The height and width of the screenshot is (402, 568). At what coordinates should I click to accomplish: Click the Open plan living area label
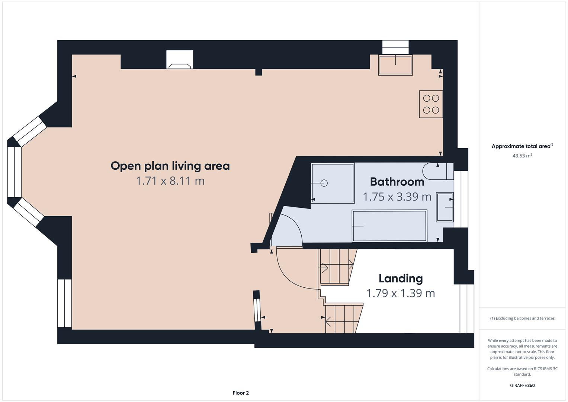[x=170, y=166]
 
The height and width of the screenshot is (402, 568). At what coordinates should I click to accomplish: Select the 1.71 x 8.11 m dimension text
[x=170, y=181]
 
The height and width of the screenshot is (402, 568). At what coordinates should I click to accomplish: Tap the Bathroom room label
[x=397, y=182]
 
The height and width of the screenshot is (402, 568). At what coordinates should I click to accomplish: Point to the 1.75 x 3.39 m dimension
[x=397, y=197]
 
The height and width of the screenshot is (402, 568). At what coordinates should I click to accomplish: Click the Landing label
[x=401, y=278]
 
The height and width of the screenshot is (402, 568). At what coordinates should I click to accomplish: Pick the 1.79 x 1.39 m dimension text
[x=401, y=293]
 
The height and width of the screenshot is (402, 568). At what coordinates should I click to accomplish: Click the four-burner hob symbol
[x=431, y=104]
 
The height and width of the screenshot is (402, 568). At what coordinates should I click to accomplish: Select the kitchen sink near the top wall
[x=395, y=65]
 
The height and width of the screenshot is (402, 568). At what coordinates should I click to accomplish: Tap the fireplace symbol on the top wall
[x=180, y=60]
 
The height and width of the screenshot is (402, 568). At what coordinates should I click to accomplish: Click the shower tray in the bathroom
[x=333, y=183]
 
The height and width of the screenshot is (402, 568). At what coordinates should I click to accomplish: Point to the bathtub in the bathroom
[x=389, y=226]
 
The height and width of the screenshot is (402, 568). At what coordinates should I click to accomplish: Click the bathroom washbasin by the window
[x=445, y=207]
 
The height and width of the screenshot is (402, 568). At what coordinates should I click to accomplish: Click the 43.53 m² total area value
[x=522, y=156]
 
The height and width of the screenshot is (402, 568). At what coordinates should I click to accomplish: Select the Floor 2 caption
[x=240, y=393]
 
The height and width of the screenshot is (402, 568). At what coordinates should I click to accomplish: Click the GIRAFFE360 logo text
[x=522, y=385]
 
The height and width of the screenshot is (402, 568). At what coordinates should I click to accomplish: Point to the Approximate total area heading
[x=522, y=146]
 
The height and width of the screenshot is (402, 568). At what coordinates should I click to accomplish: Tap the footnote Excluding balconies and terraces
[x=522, y=318]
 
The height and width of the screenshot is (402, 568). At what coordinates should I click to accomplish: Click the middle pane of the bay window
[x=15, y=172]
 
